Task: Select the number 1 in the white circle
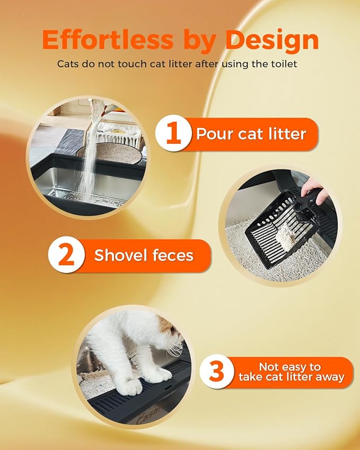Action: [173, 134]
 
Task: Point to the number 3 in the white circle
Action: [217, 372]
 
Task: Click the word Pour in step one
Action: [215, 134]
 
